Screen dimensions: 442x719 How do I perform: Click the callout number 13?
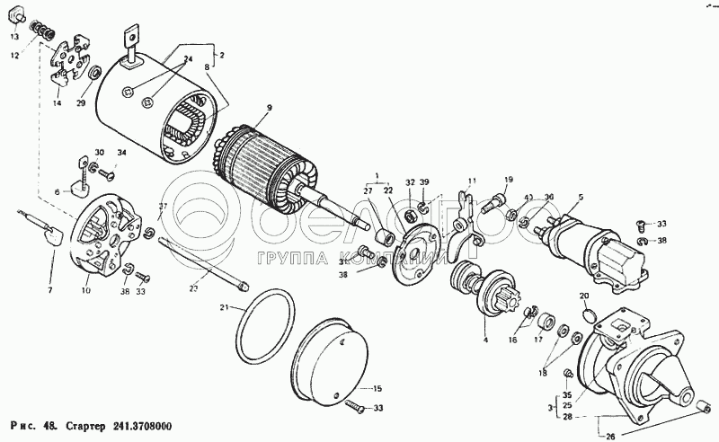pyautogui.click(x=14, y=38)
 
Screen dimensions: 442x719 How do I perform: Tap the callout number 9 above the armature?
pyautogui.click(x=268, y=110)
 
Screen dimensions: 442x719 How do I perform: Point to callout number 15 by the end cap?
pyautogui.click(x=377, y=388)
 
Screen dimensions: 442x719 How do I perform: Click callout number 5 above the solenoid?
pyautogui.click(x=581, y=197)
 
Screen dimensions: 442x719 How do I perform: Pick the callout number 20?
pyautogui.click(x=583, y=296)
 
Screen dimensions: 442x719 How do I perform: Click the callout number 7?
pyautogui.click(x=50, y=290)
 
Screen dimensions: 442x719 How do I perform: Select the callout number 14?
pyautogui.click(x=57, y=104)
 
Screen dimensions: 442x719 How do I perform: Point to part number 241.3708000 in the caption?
pyautogui.click(x=144, y=426)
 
